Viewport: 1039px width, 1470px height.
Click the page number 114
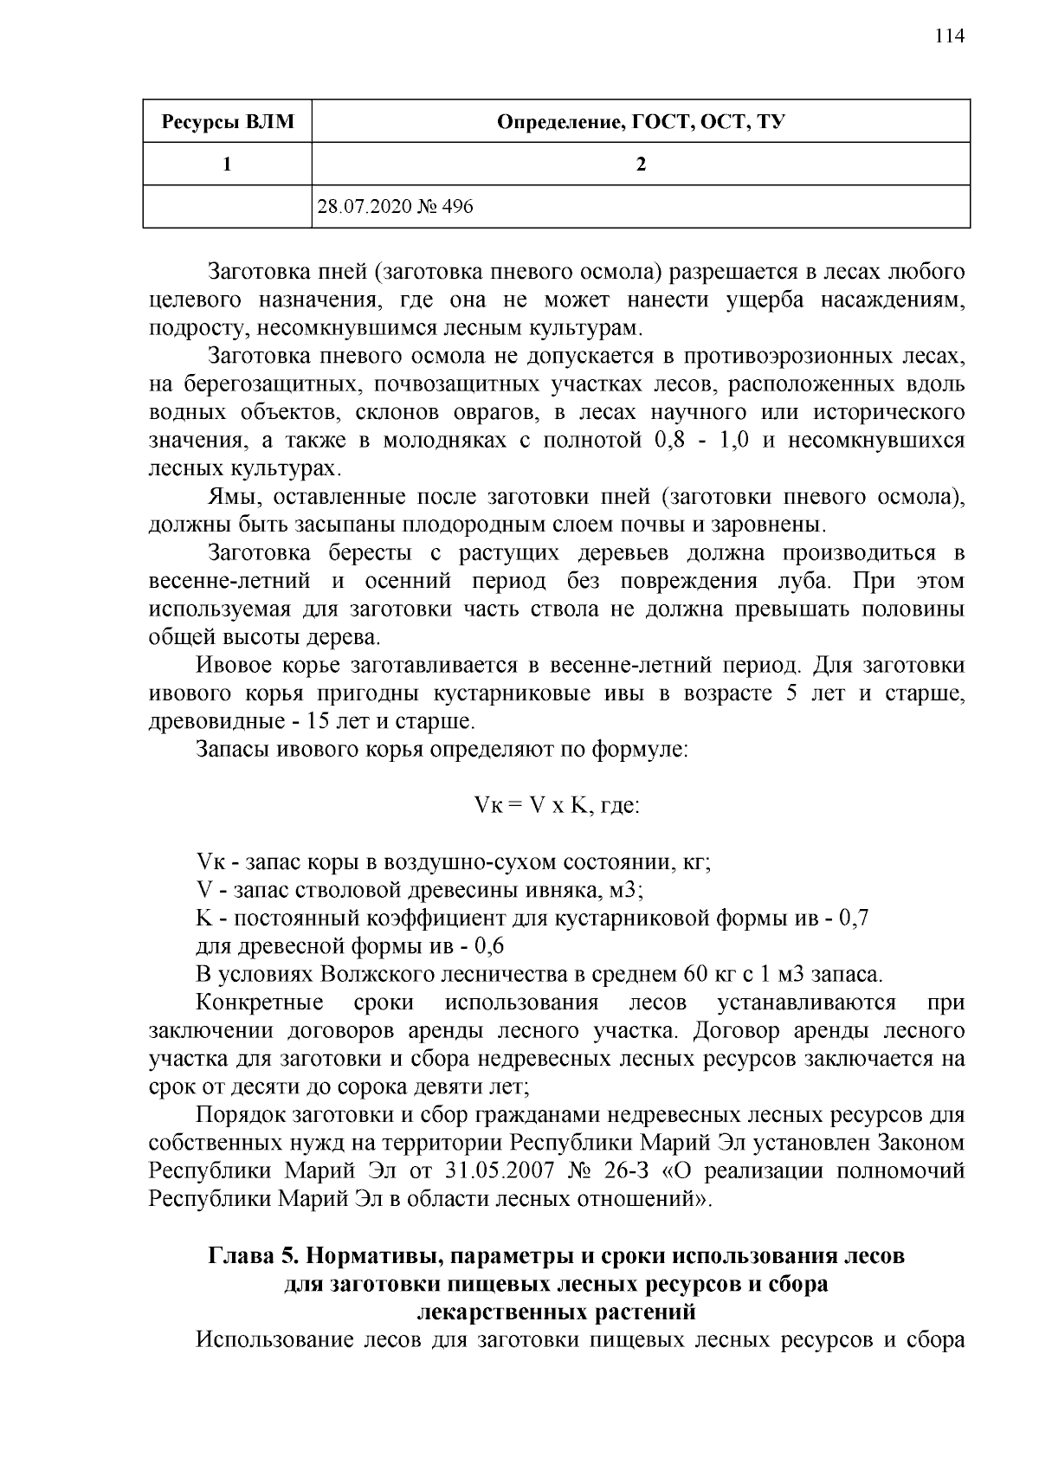(949, 35)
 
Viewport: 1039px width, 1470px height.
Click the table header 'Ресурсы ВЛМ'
(227, 122)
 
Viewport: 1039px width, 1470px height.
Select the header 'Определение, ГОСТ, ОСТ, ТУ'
(641, 122)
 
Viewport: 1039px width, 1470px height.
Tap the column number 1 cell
(227, 164)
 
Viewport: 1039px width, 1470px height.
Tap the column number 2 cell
(641, 164)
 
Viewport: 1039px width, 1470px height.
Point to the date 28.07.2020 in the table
(360, 207)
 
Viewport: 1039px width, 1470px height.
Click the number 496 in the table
(456, 207)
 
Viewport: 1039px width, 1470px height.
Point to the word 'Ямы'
(227, 498)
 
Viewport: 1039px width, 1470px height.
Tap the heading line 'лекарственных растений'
(556, 1312)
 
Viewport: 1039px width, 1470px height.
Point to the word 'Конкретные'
(260, 1003)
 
